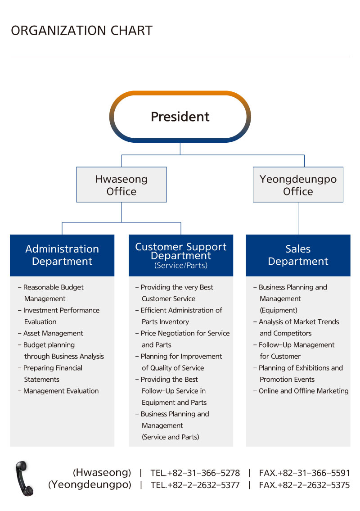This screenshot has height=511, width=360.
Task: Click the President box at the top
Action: pyautogui.click(x=180, y=117)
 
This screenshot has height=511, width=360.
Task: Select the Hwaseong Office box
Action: pyautogui.click(x=121, y=185)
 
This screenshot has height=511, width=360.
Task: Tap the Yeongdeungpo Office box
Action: pyautogui.click(x=298, y=185)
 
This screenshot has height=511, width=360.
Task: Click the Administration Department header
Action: pyautogui.click(x=62, y=255)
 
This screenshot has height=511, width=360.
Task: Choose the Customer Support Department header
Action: pyautogui.click(x=181, y=255)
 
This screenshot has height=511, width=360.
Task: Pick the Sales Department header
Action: pyautogui.click(x=298, y=255)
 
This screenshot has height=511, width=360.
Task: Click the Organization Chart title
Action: pyautogui.click(x=82, y=31)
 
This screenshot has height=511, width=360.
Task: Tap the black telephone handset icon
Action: pyautogui.click(x=24, y=479)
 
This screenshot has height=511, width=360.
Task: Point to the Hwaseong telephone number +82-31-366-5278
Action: pyautogui.click(x=195, y=473)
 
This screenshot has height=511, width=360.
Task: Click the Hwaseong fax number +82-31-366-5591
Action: pyautogui.click(x=304, y=473)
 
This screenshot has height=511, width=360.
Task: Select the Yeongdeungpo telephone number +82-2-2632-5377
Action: pyautogui.click(x=195, y=485)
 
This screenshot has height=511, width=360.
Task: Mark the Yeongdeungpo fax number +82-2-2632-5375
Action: pyautogui.click(x=304, y=485)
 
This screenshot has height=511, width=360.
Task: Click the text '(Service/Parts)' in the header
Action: pyautogui.click(x=181, y=265)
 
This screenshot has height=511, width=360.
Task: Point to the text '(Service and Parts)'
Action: pyautogui.click(x=171, y=437)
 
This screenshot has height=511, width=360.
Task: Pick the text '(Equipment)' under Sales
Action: pyautogui.click(x=279, y=310)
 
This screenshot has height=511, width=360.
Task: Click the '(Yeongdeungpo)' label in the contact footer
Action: pyautogui.click(x=90, y=484)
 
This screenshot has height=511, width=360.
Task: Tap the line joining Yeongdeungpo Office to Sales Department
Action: pyautogui.click(x=298, y=218)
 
